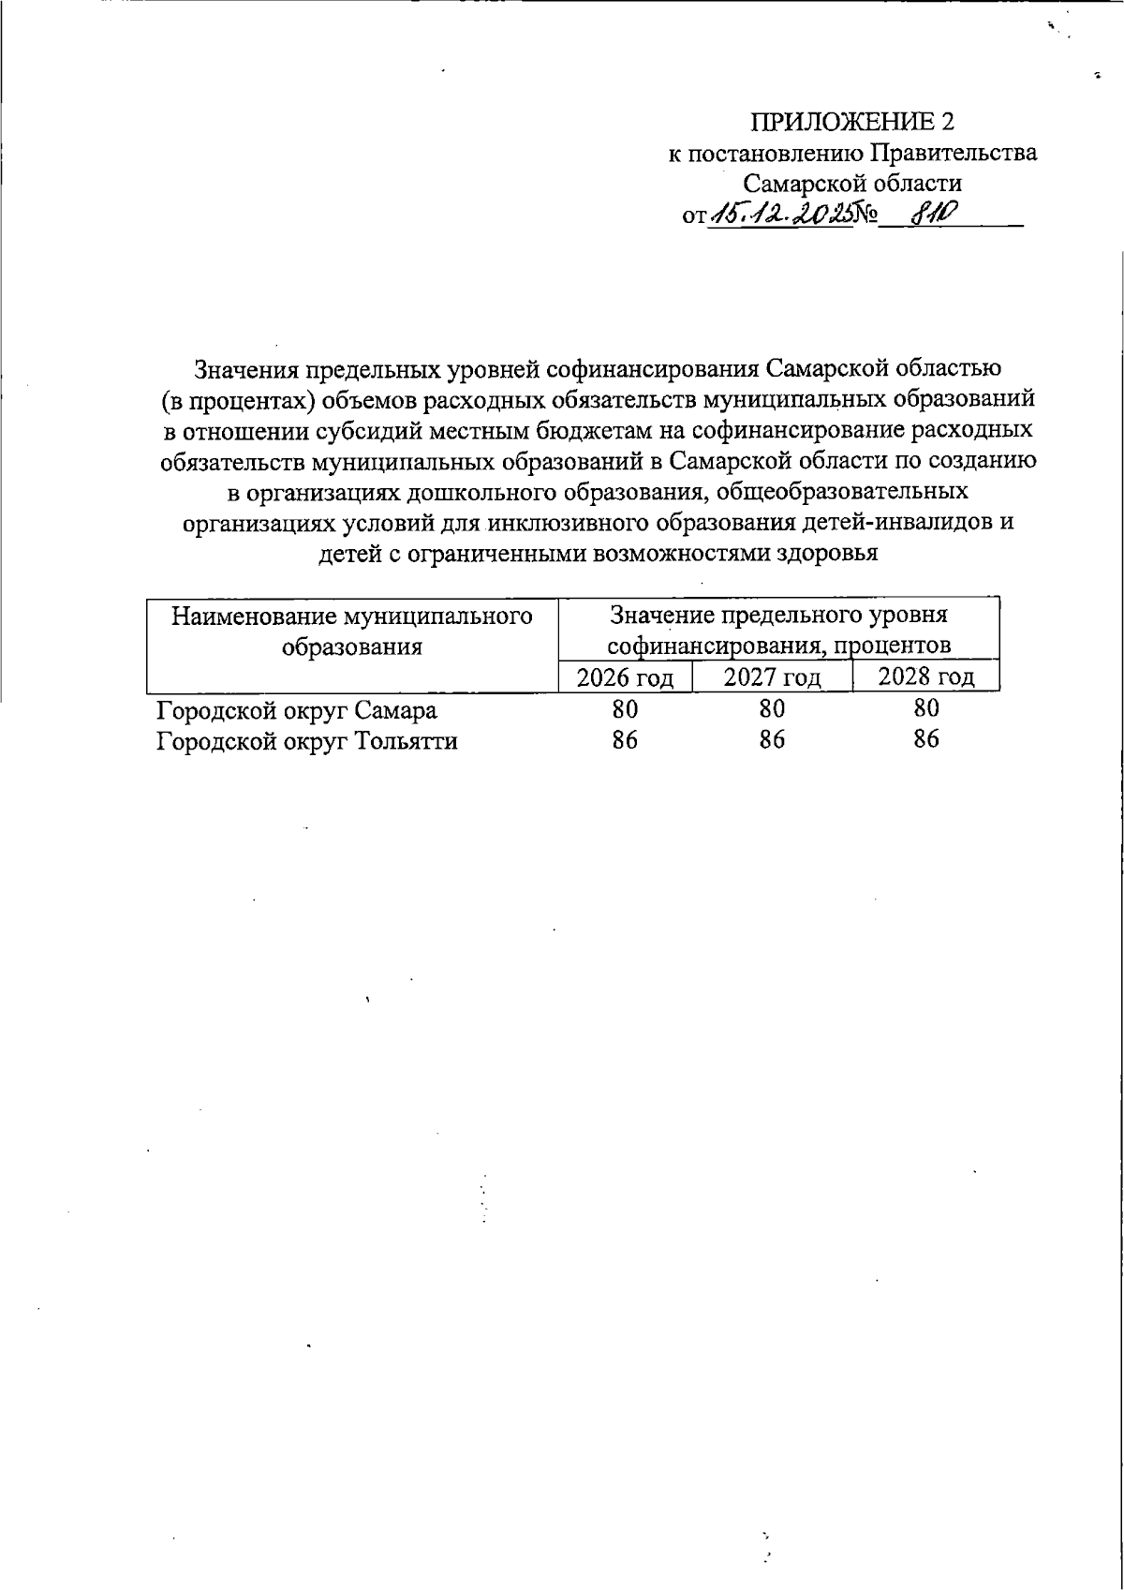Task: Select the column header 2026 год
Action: click(625, 677)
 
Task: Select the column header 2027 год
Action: click(772, 677)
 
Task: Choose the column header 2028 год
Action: click(925, 677)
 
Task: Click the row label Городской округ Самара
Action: click(296, 710)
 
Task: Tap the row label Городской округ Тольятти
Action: click(307, 741)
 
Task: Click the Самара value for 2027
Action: click(772, 709)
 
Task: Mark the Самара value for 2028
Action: click(925, 708)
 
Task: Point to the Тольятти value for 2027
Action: click(772, 740)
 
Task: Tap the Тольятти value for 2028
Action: click(925, 739)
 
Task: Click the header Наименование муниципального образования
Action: click(352, 631)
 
